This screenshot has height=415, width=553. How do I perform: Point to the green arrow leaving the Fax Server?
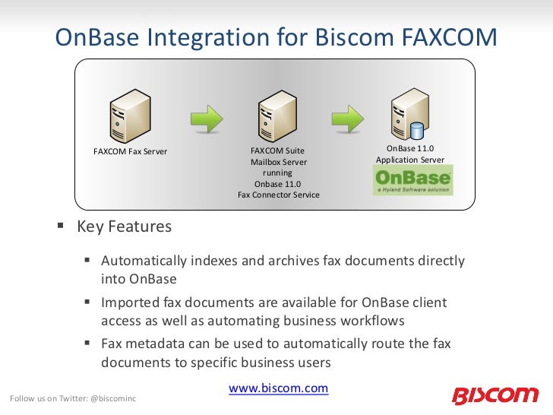(x=205, y=119)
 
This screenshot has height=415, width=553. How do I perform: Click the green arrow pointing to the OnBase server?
(x=347, y=119)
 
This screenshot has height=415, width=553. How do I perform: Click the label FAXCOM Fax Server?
(x=130, y=151)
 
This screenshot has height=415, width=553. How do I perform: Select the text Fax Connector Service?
(x=278, y=195)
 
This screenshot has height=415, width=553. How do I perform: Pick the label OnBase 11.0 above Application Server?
(x=410, y=148)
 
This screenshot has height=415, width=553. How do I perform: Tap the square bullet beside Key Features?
(x=60, y=227)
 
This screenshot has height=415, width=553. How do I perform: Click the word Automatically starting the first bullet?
(x=144, y=261)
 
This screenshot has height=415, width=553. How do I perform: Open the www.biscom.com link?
(x=278, y=388)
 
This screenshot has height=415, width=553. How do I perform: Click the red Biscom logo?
(x=495, y=395)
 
